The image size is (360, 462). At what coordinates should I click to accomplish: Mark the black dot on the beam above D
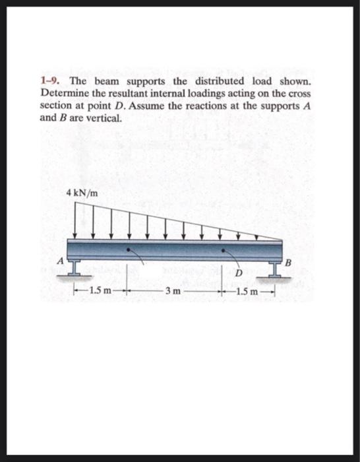223,250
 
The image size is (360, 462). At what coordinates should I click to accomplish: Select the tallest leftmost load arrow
74,219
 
